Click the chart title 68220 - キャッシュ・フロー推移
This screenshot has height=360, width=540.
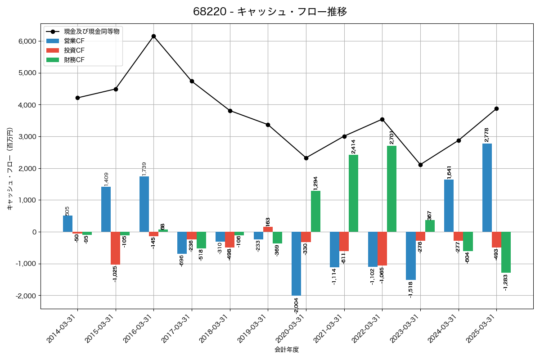click(270, 12)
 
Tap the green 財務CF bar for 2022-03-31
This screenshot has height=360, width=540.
click(391, 189)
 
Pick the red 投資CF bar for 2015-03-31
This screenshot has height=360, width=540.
click(115, 248)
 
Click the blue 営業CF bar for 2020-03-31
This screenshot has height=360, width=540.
click(296, 264)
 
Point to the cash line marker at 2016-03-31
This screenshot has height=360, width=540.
click(153, 36)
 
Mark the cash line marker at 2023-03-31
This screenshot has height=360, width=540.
click(420, 165)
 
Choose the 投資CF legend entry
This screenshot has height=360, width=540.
click(74, 50)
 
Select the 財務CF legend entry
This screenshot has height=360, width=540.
click(74, 59)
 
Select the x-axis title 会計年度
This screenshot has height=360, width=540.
click(287, 349)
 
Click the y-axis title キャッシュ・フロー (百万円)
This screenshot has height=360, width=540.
click(10, 169)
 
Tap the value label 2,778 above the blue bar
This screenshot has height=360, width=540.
click(486, 135)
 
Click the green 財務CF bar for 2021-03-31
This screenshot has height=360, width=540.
click(353, 193)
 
